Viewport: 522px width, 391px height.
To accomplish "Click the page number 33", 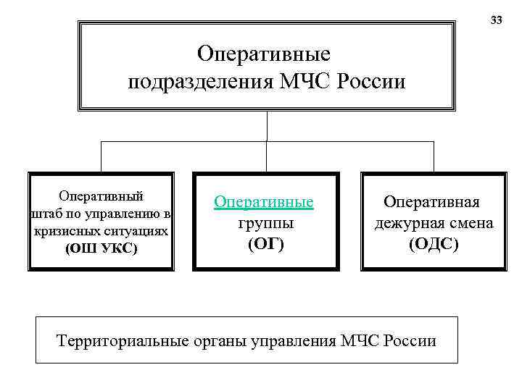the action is click(496, 20).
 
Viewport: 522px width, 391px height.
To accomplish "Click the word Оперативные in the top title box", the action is click(264, 54).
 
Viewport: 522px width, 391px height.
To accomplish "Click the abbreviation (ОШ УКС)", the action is click(101, 248).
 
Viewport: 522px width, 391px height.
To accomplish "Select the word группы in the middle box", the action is click(265, 223).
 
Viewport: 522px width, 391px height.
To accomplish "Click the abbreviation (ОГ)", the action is click(265, 245).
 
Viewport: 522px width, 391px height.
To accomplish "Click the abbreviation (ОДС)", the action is click(434, 245).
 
